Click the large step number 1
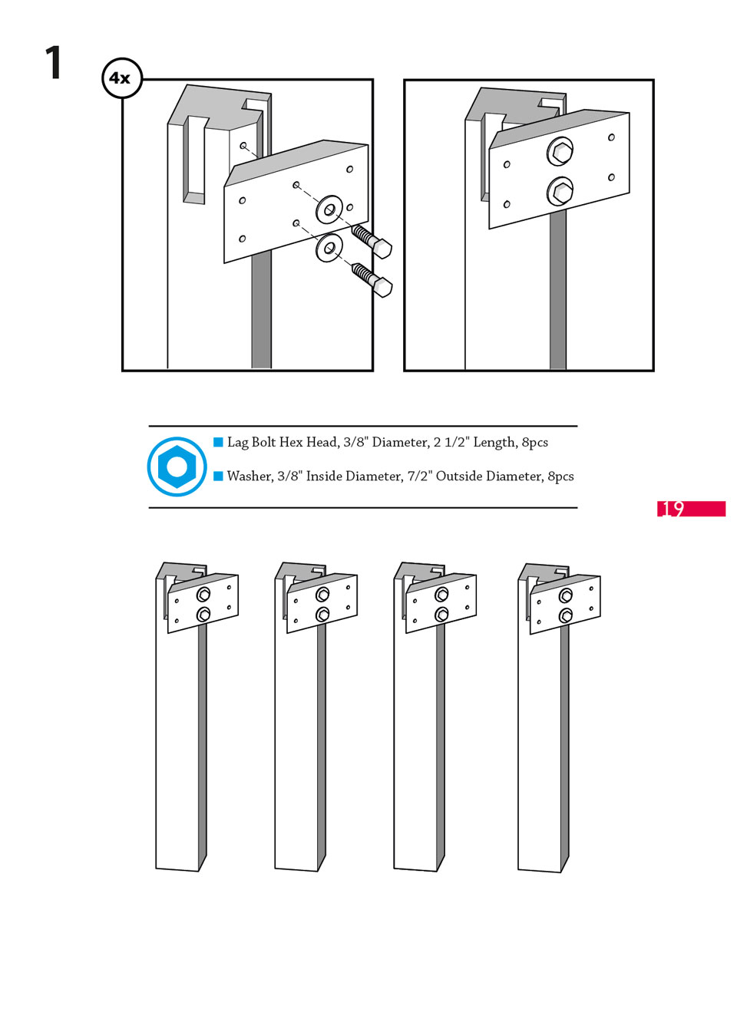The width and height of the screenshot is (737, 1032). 54,63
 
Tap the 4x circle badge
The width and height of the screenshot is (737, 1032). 121,77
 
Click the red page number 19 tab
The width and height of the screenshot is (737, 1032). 690,508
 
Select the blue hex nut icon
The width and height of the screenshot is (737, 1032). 177,467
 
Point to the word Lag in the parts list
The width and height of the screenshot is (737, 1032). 238,442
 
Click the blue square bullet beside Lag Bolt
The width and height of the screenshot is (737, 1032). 218,442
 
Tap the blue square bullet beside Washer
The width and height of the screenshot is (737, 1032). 218,476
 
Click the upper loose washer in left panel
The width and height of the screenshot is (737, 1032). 329,209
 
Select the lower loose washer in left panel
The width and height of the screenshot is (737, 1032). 329,248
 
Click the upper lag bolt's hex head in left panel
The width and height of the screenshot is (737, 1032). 382,248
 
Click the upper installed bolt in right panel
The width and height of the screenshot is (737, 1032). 560,151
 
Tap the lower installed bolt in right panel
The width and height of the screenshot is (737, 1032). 560,190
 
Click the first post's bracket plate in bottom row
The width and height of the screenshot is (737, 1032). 203,604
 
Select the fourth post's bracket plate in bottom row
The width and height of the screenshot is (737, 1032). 565,605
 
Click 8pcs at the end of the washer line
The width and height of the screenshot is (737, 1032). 560,476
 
